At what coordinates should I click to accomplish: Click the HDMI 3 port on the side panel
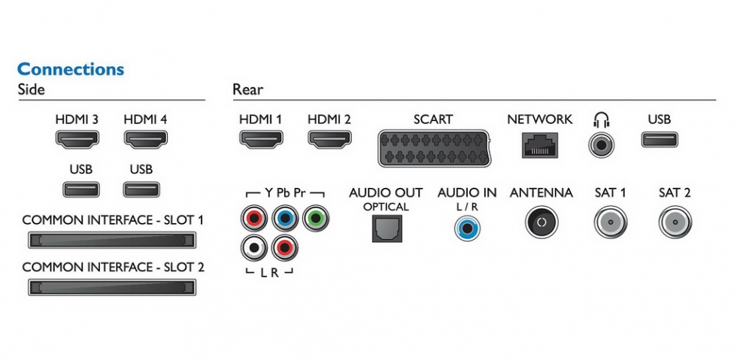pyautogui.click(x=77, y=139)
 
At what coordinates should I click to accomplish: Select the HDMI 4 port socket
pyautogui.click(x=145, y=139)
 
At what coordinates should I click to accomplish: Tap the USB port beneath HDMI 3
pyautogui.click(x=80, y=189)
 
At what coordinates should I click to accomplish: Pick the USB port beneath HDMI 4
pyautogui.click(x=141, y=189)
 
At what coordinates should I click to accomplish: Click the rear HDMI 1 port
pyautogui.click(x=260, y=139)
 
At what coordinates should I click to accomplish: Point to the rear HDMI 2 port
pyautogui.click(x=329, y=139)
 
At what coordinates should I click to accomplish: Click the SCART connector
pyautogui.click(x=432, y=147)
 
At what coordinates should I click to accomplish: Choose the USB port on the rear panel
pyautogui.click(x=660, y=139)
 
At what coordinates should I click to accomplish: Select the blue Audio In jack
pyautogui.click(x=467, y=226)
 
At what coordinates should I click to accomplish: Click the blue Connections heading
pyautogui.click(x=70, y=69)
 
